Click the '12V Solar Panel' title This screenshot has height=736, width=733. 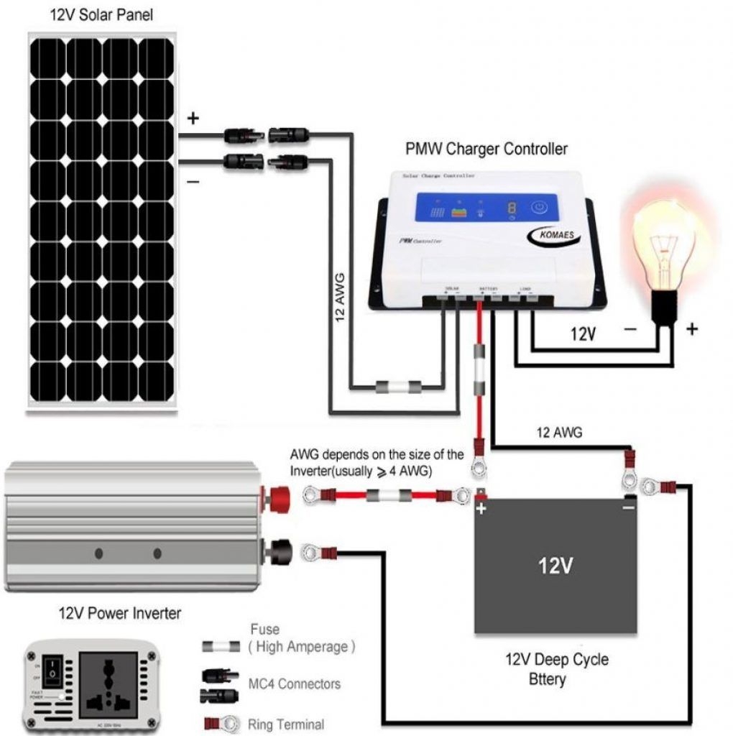click(100, 15)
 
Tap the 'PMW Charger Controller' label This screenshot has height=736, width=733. click(487, 149)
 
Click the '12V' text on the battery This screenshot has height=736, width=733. click(555, 565)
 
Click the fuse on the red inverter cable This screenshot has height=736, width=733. click(388, 495)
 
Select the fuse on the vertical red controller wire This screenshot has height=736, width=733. click(481, 369)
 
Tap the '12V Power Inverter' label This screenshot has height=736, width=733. click(119, 614)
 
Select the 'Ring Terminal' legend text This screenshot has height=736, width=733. click(285, 724)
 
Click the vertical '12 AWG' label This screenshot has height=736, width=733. click(340, 296)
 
